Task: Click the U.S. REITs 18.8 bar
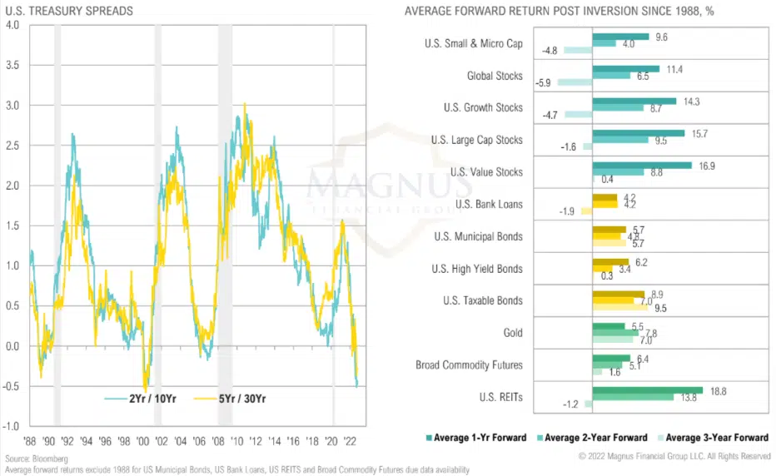pos(647,390)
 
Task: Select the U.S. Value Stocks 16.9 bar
pos(641,165)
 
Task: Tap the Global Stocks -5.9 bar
pos(575,82)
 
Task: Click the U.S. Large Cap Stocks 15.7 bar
pos(638,133)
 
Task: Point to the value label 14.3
pos(691,101)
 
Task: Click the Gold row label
pos(513,333)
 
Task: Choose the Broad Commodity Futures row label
pos(470,365)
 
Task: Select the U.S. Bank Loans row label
pos(490,204)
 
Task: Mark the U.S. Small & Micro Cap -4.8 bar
pos(577,51)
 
